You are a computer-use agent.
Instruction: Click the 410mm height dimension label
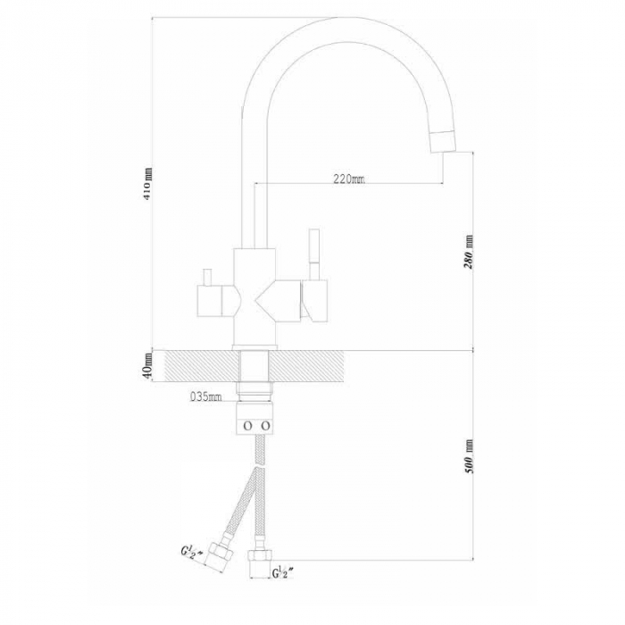pyautogui.click(x=147, y=184)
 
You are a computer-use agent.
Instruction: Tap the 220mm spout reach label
pyautogui.click(x=349, y=179)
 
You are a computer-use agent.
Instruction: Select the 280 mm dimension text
pyautogui.click(x=469, y=252)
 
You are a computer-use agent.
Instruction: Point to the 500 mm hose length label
pyautogui.click(x=470, y=456)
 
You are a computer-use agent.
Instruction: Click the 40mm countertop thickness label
pyautogui.click(x=147, y=366)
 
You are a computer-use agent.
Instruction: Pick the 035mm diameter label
pyautogui.click(x=205, y=396)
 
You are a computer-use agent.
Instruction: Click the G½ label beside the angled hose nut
pyautogui.click(x=189, y=553)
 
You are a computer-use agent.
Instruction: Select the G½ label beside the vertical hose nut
pyautogui.click(x=283, y=573)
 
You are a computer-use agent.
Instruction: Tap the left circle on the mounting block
pyautogui.click(x=246, y=426)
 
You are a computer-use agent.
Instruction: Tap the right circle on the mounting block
pyautogui.click(x=265, y=426)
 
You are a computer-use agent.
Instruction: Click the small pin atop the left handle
pyautogui.click(x=207, y=277)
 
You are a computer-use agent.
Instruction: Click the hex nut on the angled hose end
pyautogui.click(x=217, y=554)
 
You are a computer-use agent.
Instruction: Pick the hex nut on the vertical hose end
pyautogui.click(x=261, y=556)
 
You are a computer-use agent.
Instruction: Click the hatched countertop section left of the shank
pyautogui.click(x=201, y=366)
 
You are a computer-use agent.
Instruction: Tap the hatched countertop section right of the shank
pyautogui.click(x=307, y=366)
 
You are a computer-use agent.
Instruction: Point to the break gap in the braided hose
pyautogui.click(x=260, y=465)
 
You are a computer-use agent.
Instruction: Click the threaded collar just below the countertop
pyautogui.click(x=254, y=391)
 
